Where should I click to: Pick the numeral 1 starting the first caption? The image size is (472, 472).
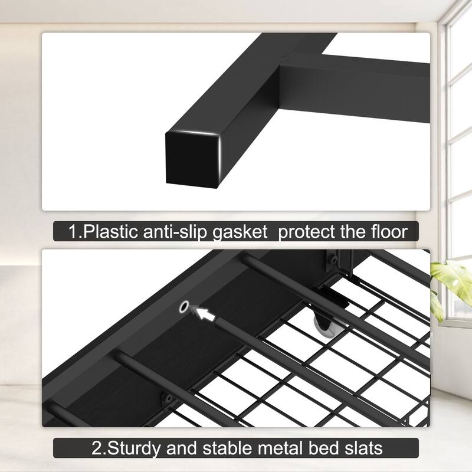[x=73, y=231]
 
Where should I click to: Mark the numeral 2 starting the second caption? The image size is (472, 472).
[x=97, y=447]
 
